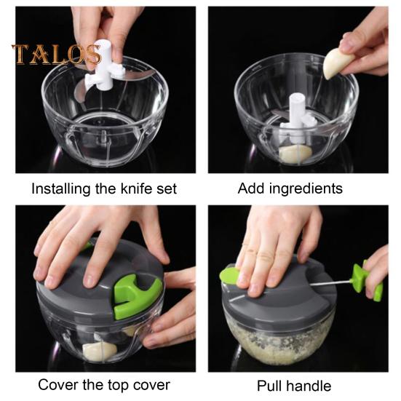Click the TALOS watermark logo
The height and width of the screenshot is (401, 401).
coord(57,54)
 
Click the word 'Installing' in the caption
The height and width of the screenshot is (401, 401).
coord(61,189)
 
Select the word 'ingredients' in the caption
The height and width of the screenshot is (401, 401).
coord(306,189)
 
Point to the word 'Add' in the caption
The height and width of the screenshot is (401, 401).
coord(251,188)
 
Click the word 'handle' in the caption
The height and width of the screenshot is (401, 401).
coord(308,386)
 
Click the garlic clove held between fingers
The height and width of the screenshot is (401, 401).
coord(337,63)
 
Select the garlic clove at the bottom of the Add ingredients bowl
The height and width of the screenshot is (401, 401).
coord(295,154)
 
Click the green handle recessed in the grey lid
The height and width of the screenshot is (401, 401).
coord(136,295)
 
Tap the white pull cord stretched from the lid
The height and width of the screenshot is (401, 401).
coord(330,282)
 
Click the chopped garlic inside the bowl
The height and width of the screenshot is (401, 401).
coord(279,341)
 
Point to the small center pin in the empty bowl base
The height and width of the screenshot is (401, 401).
coord(103,135)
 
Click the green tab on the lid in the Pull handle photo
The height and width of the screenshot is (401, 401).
coord(230,275)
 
